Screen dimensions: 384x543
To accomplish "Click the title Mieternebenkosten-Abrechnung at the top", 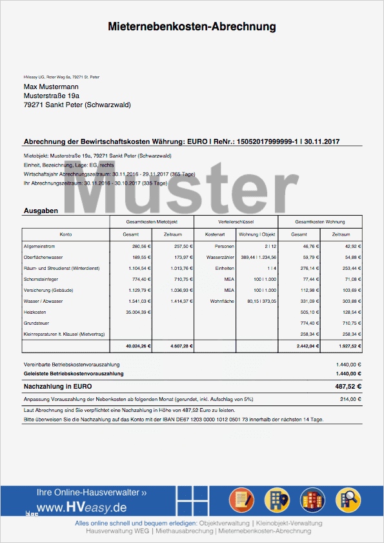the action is (192, 27).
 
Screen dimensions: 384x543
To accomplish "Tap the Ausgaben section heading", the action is (41, 210).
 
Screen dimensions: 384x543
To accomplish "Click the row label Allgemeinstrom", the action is (40, 246).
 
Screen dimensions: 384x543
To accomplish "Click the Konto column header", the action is (66, 234).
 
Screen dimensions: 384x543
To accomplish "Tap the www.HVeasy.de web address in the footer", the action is (81, 508).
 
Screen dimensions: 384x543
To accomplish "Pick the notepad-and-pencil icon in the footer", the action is (240, 500).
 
